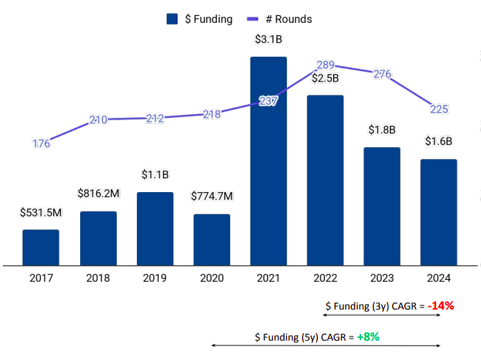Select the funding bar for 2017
[41, 247]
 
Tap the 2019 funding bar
[155, 229]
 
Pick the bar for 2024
[439, 212]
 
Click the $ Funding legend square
[173, 19]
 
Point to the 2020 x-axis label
[211, 278]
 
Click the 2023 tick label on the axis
[381, 278]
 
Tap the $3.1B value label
[268, 39]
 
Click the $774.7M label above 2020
[211, 197]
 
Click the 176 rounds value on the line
[41, 144]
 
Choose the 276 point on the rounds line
[382, 74]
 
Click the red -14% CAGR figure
[440, 305]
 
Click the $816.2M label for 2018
[98, 194]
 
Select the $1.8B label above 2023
[381, 130]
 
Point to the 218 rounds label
[211, 114]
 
